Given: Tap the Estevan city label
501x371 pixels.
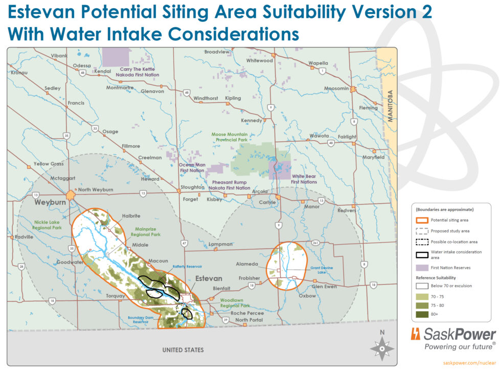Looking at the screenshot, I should click(x=209, y=278).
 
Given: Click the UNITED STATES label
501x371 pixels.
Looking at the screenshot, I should click(x=183, y=350).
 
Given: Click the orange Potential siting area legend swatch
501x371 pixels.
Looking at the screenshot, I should click(x=422, y=220).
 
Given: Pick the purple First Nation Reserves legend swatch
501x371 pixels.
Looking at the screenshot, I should click(x=422, y=268).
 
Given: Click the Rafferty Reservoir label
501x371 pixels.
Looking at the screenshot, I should click(x=187, y=267).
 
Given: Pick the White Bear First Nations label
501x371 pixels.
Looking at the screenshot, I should click(x=304, y=179).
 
